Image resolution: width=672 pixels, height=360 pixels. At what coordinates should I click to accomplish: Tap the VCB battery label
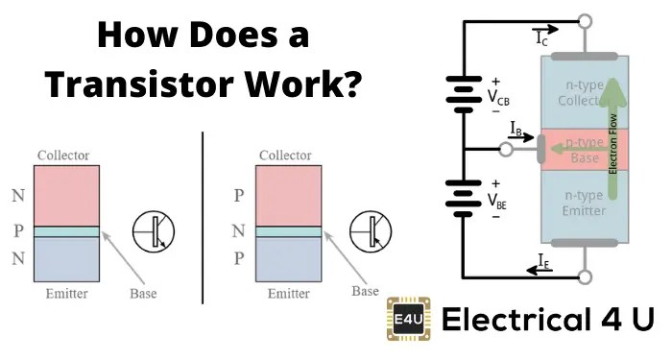(499, 98)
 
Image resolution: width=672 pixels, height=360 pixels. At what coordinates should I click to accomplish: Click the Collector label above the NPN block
(62, 156)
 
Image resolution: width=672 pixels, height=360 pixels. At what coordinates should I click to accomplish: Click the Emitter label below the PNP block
(286, 294)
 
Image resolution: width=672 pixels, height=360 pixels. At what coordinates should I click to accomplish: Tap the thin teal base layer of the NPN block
(65, 231)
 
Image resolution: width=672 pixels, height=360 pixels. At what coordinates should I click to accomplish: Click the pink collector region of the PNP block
(287, 195)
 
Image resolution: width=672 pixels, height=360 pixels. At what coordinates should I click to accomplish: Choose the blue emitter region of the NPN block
(65, 259)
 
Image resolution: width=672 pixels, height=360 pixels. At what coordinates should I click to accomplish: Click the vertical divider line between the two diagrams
(203, 218)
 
